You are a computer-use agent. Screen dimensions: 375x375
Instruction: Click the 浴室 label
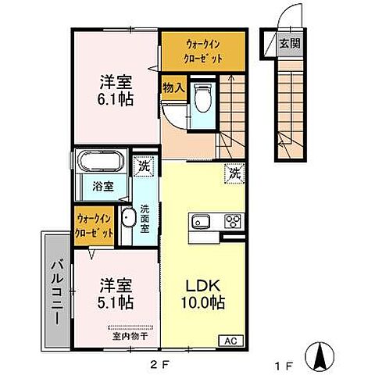[104, 187]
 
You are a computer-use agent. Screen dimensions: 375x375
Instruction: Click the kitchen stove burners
[233, 222]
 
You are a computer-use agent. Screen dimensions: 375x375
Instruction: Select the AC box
[231, 340]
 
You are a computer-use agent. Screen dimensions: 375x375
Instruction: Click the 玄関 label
[287, 44]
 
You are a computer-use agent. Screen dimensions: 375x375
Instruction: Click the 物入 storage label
[173, 87]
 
